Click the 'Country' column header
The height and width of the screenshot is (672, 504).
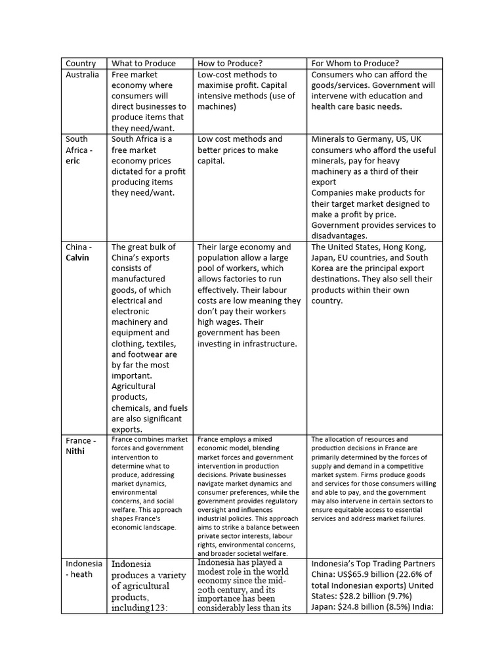[81, 64]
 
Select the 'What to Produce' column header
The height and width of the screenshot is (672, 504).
[144, 64]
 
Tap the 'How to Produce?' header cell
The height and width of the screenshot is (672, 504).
[230, 64]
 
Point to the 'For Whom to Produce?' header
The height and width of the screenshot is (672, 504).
[355, 64]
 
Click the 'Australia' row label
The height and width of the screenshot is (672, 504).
[83, 75]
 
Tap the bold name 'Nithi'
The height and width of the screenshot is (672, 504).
[75, 451]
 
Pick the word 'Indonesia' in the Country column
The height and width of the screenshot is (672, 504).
[84, 564]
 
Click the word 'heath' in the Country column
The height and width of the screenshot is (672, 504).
[82, 574]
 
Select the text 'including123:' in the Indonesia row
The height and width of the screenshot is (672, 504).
[140, 607]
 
